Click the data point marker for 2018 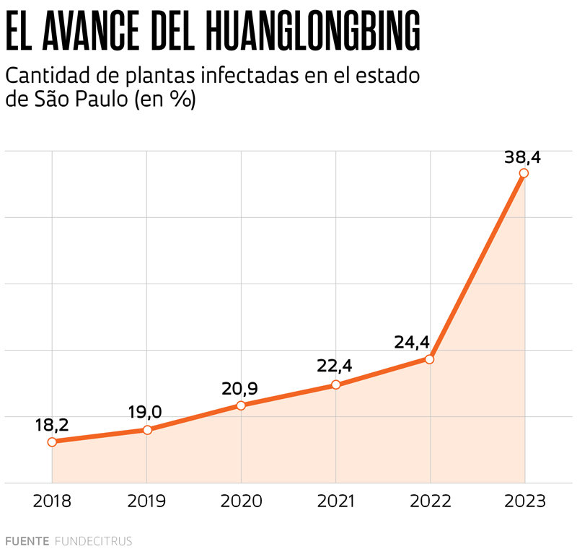click(x=52, y=442)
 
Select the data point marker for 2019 click(x=147, y=430)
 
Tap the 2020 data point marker click(x=241, y=405)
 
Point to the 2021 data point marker click(x=336, y=385)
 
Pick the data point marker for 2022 click(x=430, y=359)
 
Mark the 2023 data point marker click(x=524, y=173)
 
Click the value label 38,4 click(x=523, y=155)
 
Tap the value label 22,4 click(x=334, y=366)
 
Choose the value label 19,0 click(x=145, y=413)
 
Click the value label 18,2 click(x=52, y=425)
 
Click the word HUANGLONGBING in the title click(x=312, y=31)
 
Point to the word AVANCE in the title click(x=94, y=31)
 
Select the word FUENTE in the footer click(x=27, y=540)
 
